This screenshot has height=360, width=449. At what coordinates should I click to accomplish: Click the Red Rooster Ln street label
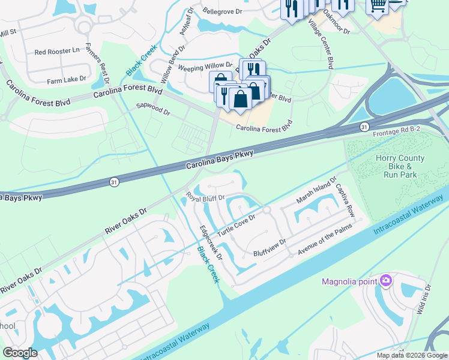(57, 52)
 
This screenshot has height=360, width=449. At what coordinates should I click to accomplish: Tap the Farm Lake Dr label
(67, 79)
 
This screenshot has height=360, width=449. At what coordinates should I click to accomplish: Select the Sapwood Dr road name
(154, 112)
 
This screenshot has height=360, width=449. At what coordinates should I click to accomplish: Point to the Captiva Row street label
(345, 200)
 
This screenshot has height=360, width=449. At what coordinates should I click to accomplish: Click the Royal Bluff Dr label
(205, 197)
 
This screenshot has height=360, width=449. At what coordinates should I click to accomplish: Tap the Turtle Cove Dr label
(236, 225)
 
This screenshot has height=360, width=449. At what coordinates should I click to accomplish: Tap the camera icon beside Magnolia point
(386, 280)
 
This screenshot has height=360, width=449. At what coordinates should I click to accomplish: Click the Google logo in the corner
(20, 353)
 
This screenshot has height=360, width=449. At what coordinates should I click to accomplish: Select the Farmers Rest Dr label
(98, 62)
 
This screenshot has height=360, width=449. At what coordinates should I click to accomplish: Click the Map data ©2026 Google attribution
(411, 355)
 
